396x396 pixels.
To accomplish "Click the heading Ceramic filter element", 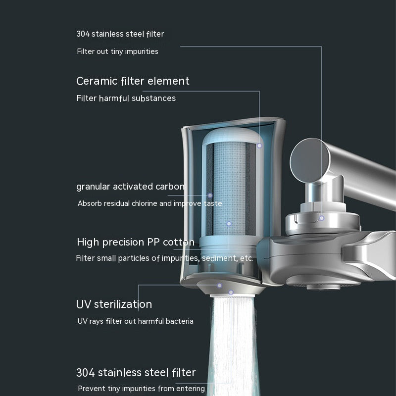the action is coord(133,81).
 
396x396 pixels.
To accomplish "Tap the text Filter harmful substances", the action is coord(126,98).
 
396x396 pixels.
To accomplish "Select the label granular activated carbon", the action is coord(131,187).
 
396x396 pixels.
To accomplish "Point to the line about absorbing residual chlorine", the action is coord(150,203).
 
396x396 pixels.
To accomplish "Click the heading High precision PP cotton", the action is coord(136,242).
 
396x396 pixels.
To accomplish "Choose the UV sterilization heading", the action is coord(114,304).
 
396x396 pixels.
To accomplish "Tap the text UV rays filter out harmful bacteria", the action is coord(135,321).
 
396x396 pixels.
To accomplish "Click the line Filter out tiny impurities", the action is coord(117,51).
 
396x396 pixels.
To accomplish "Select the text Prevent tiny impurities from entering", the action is coord(142,388).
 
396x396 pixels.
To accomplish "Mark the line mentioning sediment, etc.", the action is coord(164,258).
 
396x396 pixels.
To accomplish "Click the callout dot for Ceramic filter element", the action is coord(259,146).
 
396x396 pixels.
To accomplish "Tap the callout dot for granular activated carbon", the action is coord(210,196).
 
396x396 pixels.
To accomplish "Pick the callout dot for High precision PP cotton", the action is coord(229,224).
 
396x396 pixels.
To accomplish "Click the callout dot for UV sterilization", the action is coord(219,286).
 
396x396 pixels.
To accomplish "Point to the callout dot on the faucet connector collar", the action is coord(321,218).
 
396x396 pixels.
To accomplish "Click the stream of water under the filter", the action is coord(232,346).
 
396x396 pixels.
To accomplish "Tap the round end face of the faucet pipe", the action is coord(310,160).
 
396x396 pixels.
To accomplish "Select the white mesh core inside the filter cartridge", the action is coord(229,188).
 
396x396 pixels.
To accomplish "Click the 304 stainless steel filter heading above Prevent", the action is coord(136,373).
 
